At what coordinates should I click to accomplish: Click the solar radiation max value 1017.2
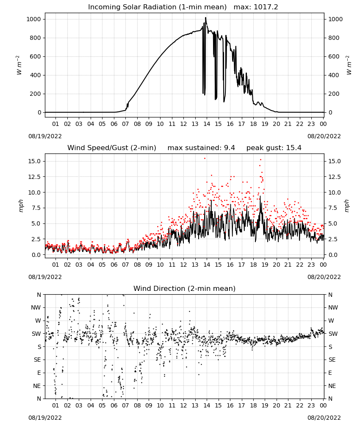(266, 7)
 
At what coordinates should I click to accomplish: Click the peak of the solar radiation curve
(205, 17)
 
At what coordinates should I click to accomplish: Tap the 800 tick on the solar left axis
(36, 38)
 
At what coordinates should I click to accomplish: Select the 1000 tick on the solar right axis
(335, 19)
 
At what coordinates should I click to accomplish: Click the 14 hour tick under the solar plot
(207, 124)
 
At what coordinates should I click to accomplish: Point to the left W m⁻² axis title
(19, 65)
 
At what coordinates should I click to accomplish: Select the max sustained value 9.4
(229, 148)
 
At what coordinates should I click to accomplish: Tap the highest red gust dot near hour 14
(205, 158)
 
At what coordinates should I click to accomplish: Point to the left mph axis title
(21, 206)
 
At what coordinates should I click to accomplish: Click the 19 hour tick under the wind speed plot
(265, 265)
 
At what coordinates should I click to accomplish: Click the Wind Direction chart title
(185, 288)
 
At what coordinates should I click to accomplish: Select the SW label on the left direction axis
(36, 334)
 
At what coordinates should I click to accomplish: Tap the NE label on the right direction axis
(332, 386)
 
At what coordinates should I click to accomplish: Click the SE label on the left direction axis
(38, 360)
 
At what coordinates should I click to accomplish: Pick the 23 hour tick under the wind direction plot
(311, 405)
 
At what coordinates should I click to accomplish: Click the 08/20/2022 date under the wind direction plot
(324, 418)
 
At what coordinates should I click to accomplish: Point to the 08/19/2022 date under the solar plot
(45, 136)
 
